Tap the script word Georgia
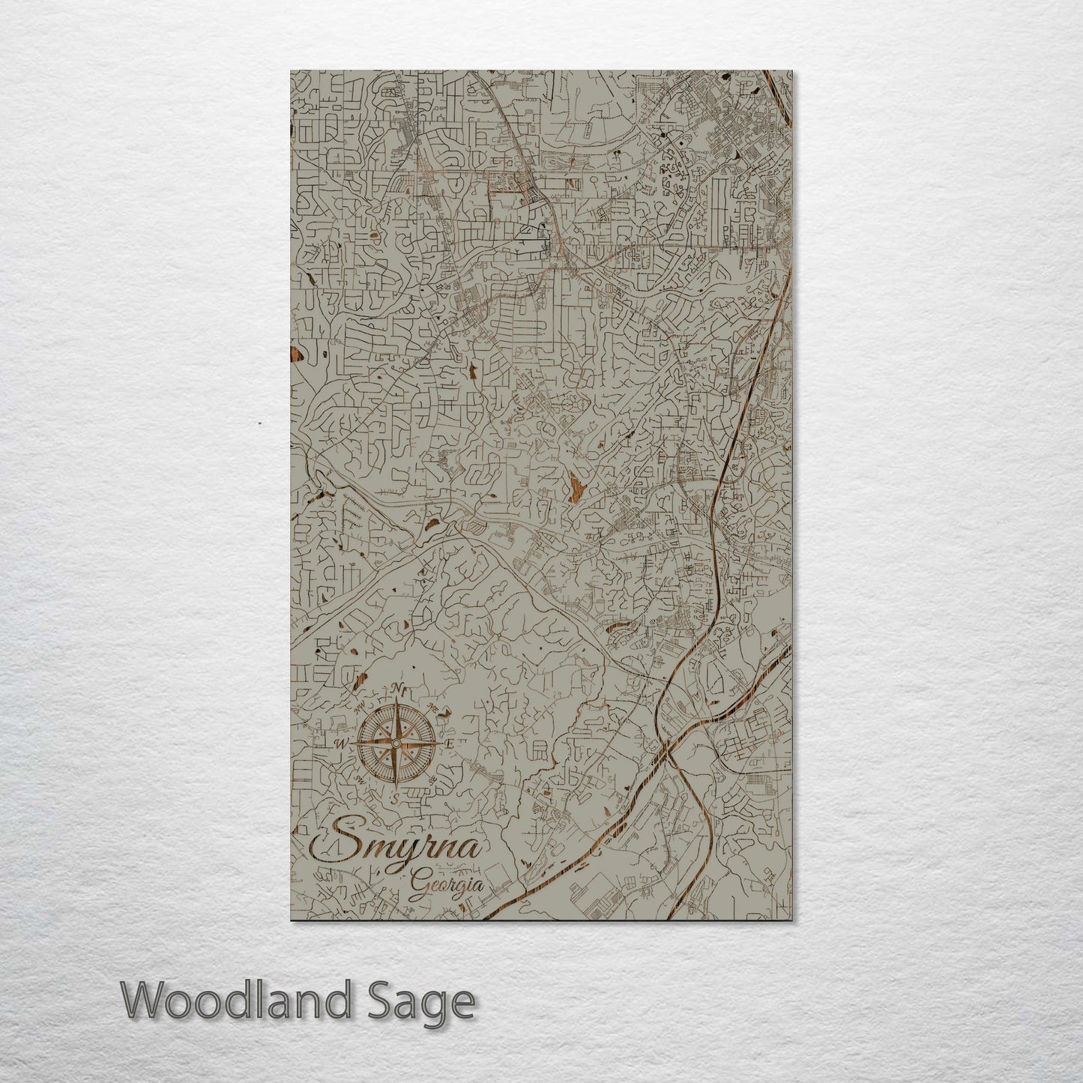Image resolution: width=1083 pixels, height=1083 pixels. [x=445, y=884]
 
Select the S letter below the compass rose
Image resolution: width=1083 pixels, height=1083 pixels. [x=395, y=798]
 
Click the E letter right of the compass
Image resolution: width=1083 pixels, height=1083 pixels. [x=449, y=744]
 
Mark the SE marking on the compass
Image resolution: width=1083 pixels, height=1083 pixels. [x=432, y=780]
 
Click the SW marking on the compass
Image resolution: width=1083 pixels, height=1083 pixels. [x=358, y=780]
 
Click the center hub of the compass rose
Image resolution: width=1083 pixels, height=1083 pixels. [x=395, y=743]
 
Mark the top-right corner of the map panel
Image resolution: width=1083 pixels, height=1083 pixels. [x=792, y=71]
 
